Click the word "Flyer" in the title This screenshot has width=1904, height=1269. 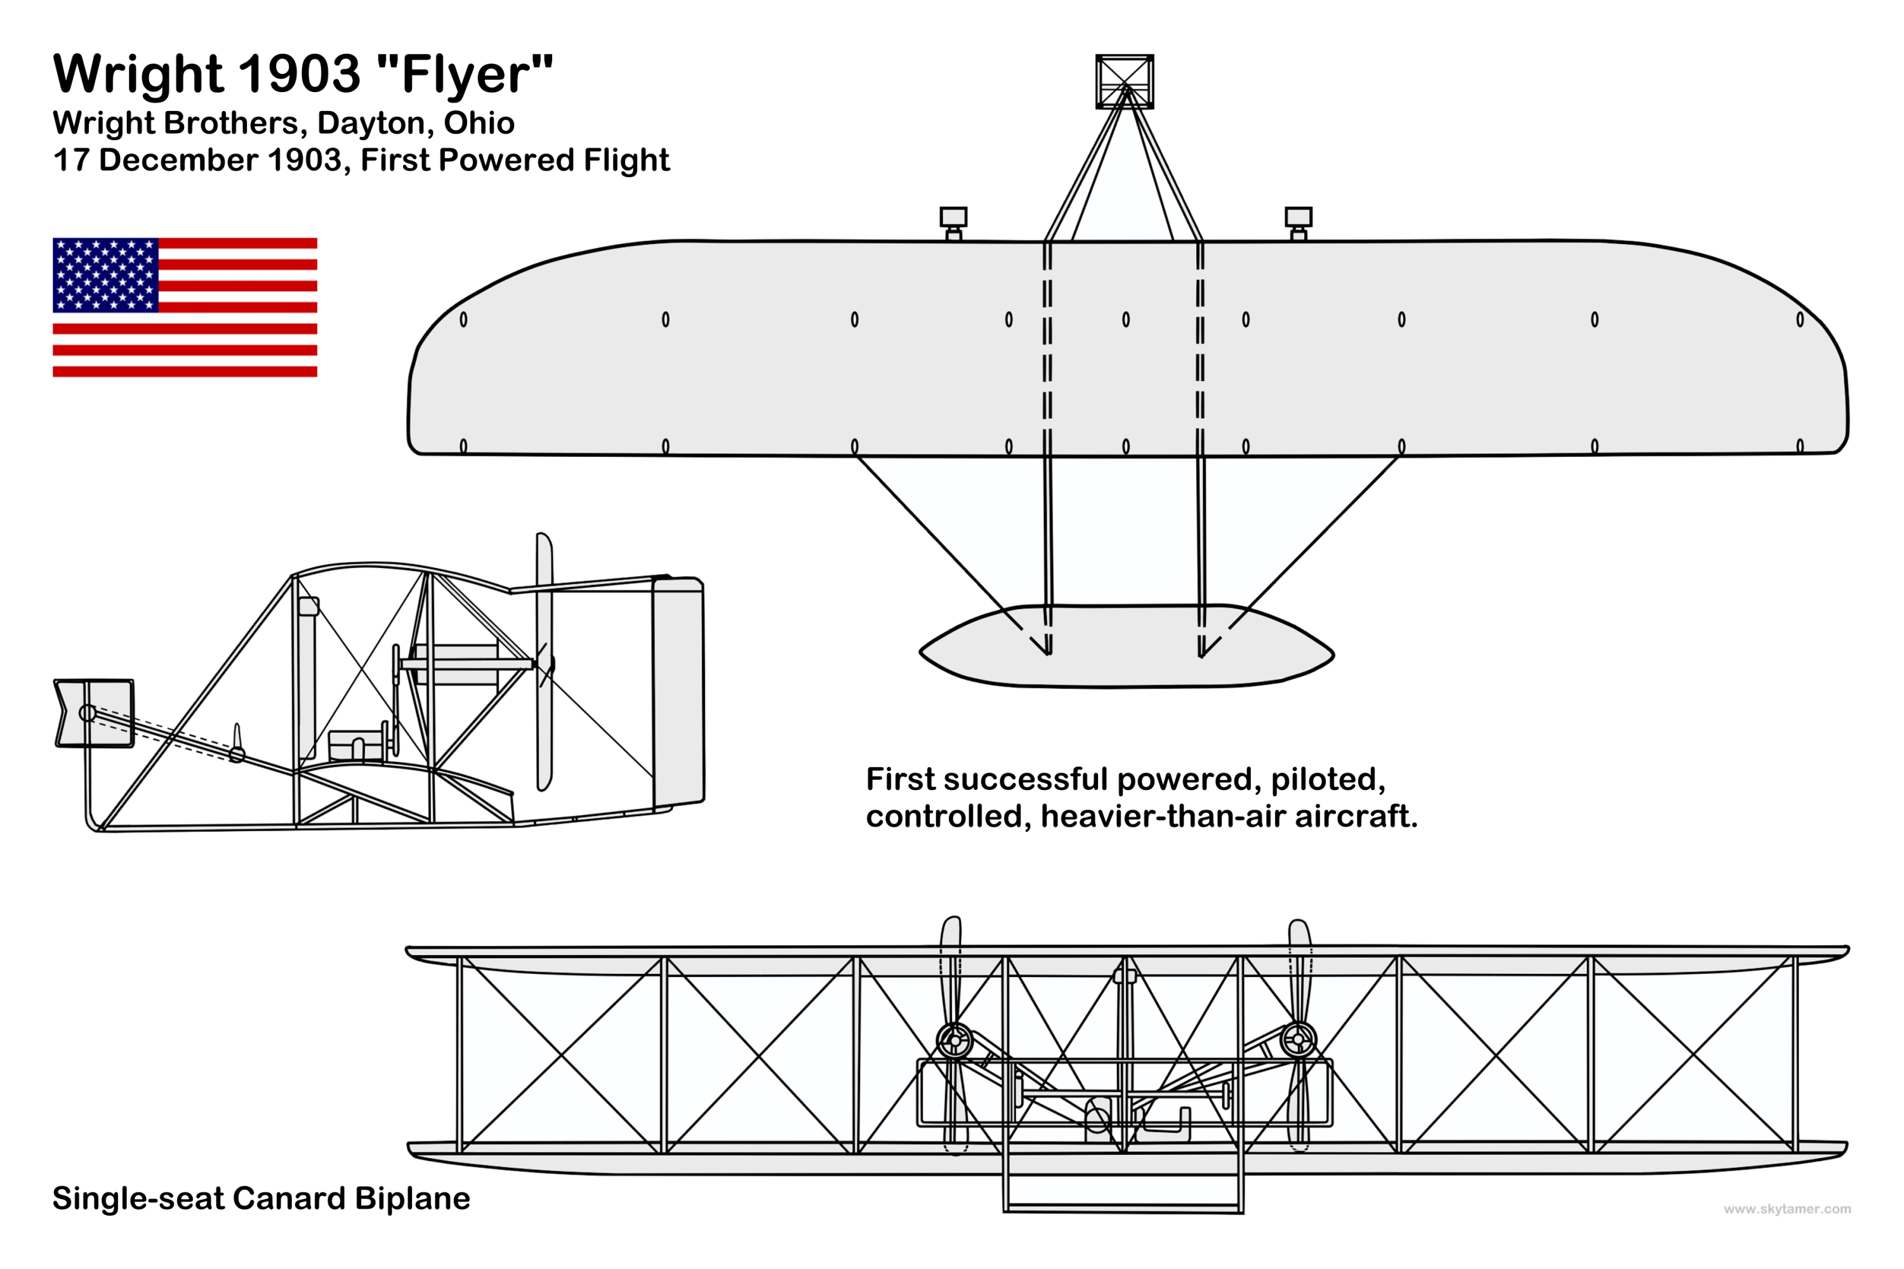pyautogui.click(x=465, y=74)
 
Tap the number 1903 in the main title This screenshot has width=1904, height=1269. pyautogui.click(x=300, y=74)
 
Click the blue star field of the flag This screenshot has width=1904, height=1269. pyautogui.click(x=105, y=275)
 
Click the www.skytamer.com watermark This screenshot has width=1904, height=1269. pyautogui.click(x=1787, y=1209)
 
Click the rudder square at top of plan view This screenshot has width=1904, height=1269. pyautogui.click(x=1125, y=81)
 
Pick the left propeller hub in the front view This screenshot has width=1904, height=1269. pyautogui.click(x=955, y=1040)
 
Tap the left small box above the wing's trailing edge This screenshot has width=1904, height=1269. pyautogui.click(x=954, y=217)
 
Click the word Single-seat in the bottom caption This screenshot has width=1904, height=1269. pyautogui.click(x=138, y=1199)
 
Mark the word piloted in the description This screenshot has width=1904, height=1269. pyautogui.click(x=1328, y=779)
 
